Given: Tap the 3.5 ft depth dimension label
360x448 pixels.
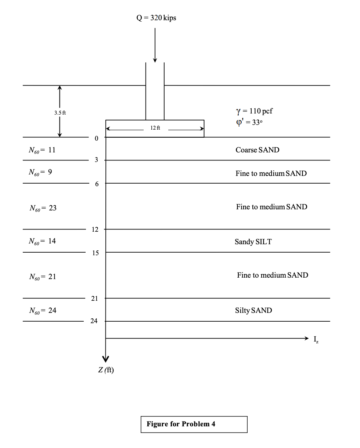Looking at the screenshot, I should tap(60, 113).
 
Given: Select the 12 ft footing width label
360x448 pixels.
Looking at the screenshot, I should tap(155, 128).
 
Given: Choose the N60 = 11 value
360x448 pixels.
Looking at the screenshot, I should tap(42, 150).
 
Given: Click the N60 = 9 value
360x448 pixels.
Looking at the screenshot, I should tap(40, 172).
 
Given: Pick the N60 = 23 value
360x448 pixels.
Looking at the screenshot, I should tap(43, 208).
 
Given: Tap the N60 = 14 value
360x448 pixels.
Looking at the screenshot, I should tap(43, 241).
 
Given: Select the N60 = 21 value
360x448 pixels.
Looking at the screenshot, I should tap(43, 277).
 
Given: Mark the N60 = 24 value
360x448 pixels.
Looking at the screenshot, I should tap(43, 311).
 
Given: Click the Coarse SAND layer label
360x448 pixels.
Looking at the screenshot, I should tap(258, 150).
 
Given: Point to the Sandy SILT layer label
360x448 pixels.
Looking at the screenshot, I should tap(253, 242).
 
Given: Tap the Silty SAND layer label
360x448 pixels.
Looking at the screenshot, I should tap(253, 311).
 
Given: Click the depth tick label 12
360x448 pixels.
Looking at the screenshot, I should tap(95, 230).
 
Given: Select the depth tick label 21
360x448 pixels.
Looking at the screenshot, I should tap(94, 299).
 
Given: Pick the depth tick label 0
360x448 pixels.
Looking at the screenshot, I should tap(96, 139).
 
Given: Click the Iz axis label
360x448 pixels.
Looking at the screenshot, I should tap(316, 340).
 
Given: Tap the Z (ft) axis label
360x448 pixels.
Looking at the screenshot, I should tap(106, 370).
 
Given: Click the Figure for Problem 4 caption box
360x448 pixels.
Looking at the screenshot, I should tap(194, 424).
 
